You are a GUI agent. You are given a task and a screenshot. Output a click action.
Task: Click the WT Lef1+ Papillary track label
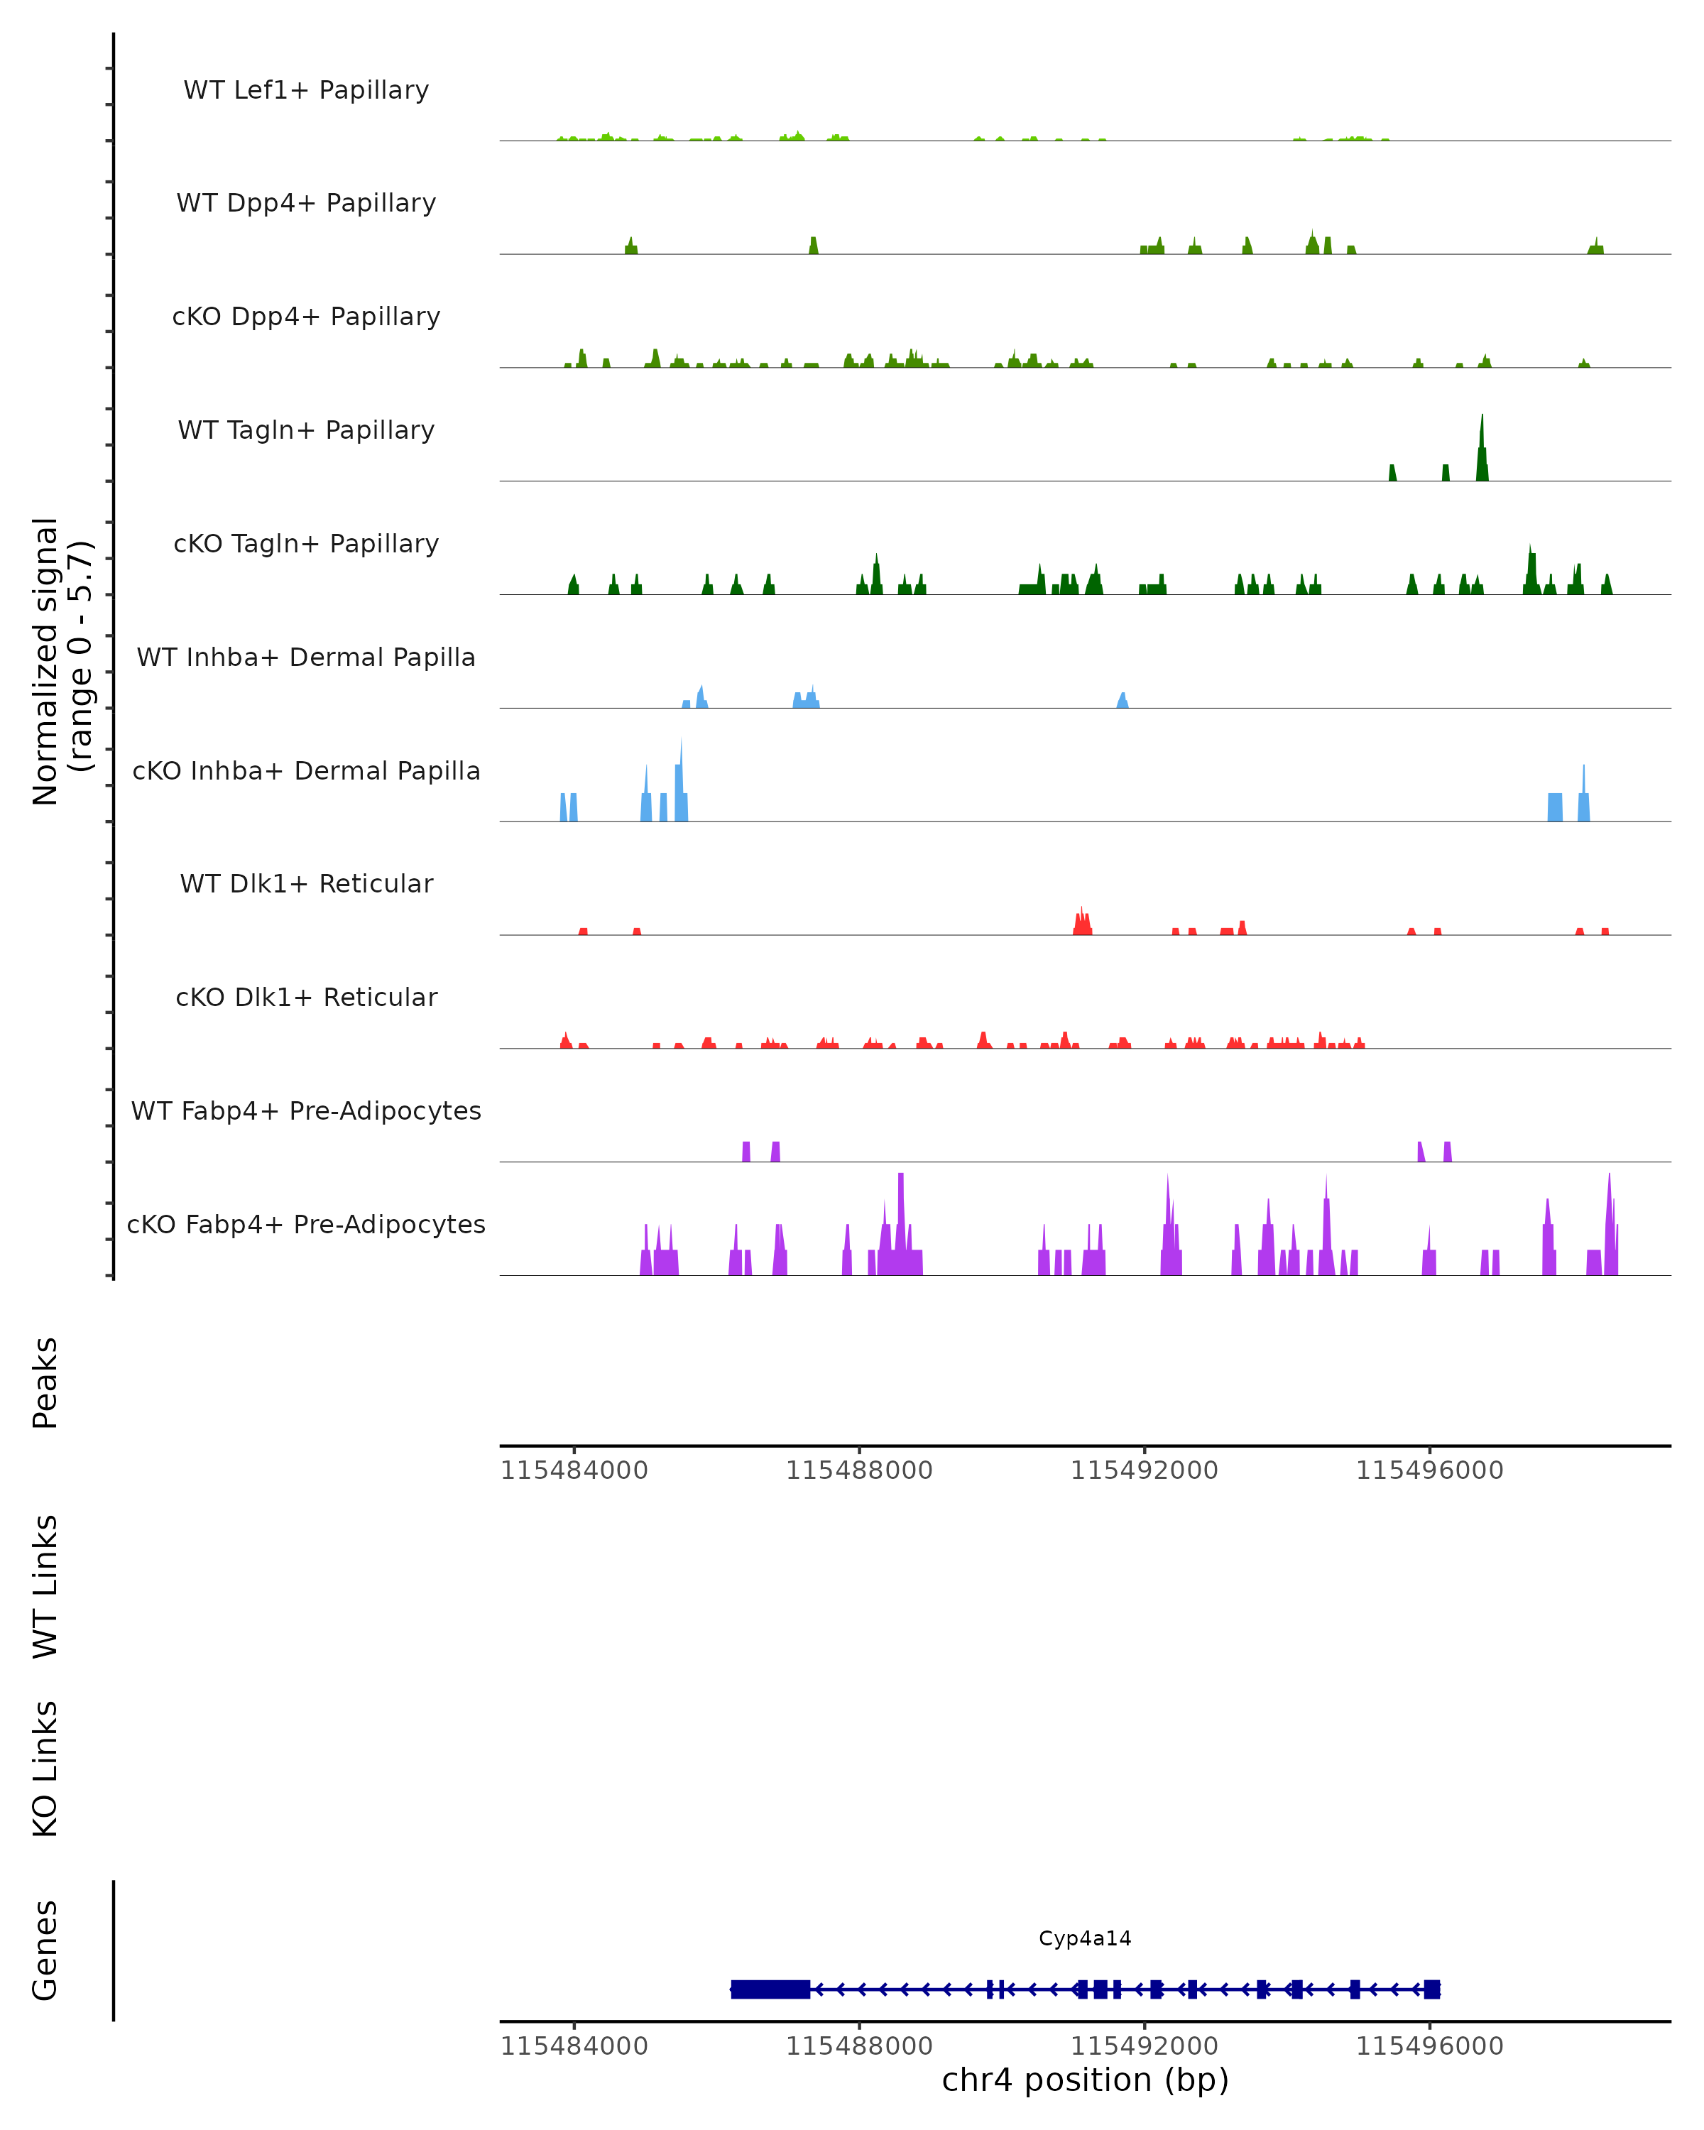[x=306, y=90]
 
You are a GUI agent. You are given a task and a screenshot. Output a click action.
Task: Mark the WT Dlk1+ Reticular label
[x=306, y=883]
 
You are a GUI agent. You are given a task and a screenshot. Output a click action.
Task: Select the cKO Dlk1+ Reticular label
[x=306, y=997]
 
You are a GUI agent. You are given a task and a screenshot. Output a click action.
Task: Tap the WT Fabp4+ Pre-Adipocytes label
[x=306, y=1110]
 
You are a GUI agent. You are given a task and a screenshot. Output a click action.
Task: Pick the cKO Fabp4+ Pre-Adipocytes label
[x=306, y=1224]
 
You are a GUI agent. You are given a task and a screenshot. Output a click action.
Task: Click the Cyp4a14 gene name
[x=1085, y=1938]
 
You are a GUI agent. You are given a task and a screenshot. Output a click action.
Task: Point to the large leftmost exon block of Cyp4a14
[x=770, y=1989]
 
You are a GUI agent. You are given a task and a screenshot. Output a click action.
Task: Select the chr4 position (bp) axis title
[x=1085, y=2080]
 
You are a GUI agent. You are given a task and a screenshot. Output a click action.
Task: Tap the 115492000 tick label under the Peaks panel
[x=1144, y=1471]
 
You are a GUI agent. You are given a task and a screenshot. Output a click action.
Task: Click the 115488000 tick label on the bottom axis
[x=858, y=2046]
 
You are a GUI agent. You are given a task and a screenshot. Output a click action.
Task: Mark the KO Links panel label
[x=45, y=1769]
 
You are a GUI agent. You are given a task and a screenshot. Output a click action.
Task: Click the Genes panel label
[x=45, y=1950]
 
